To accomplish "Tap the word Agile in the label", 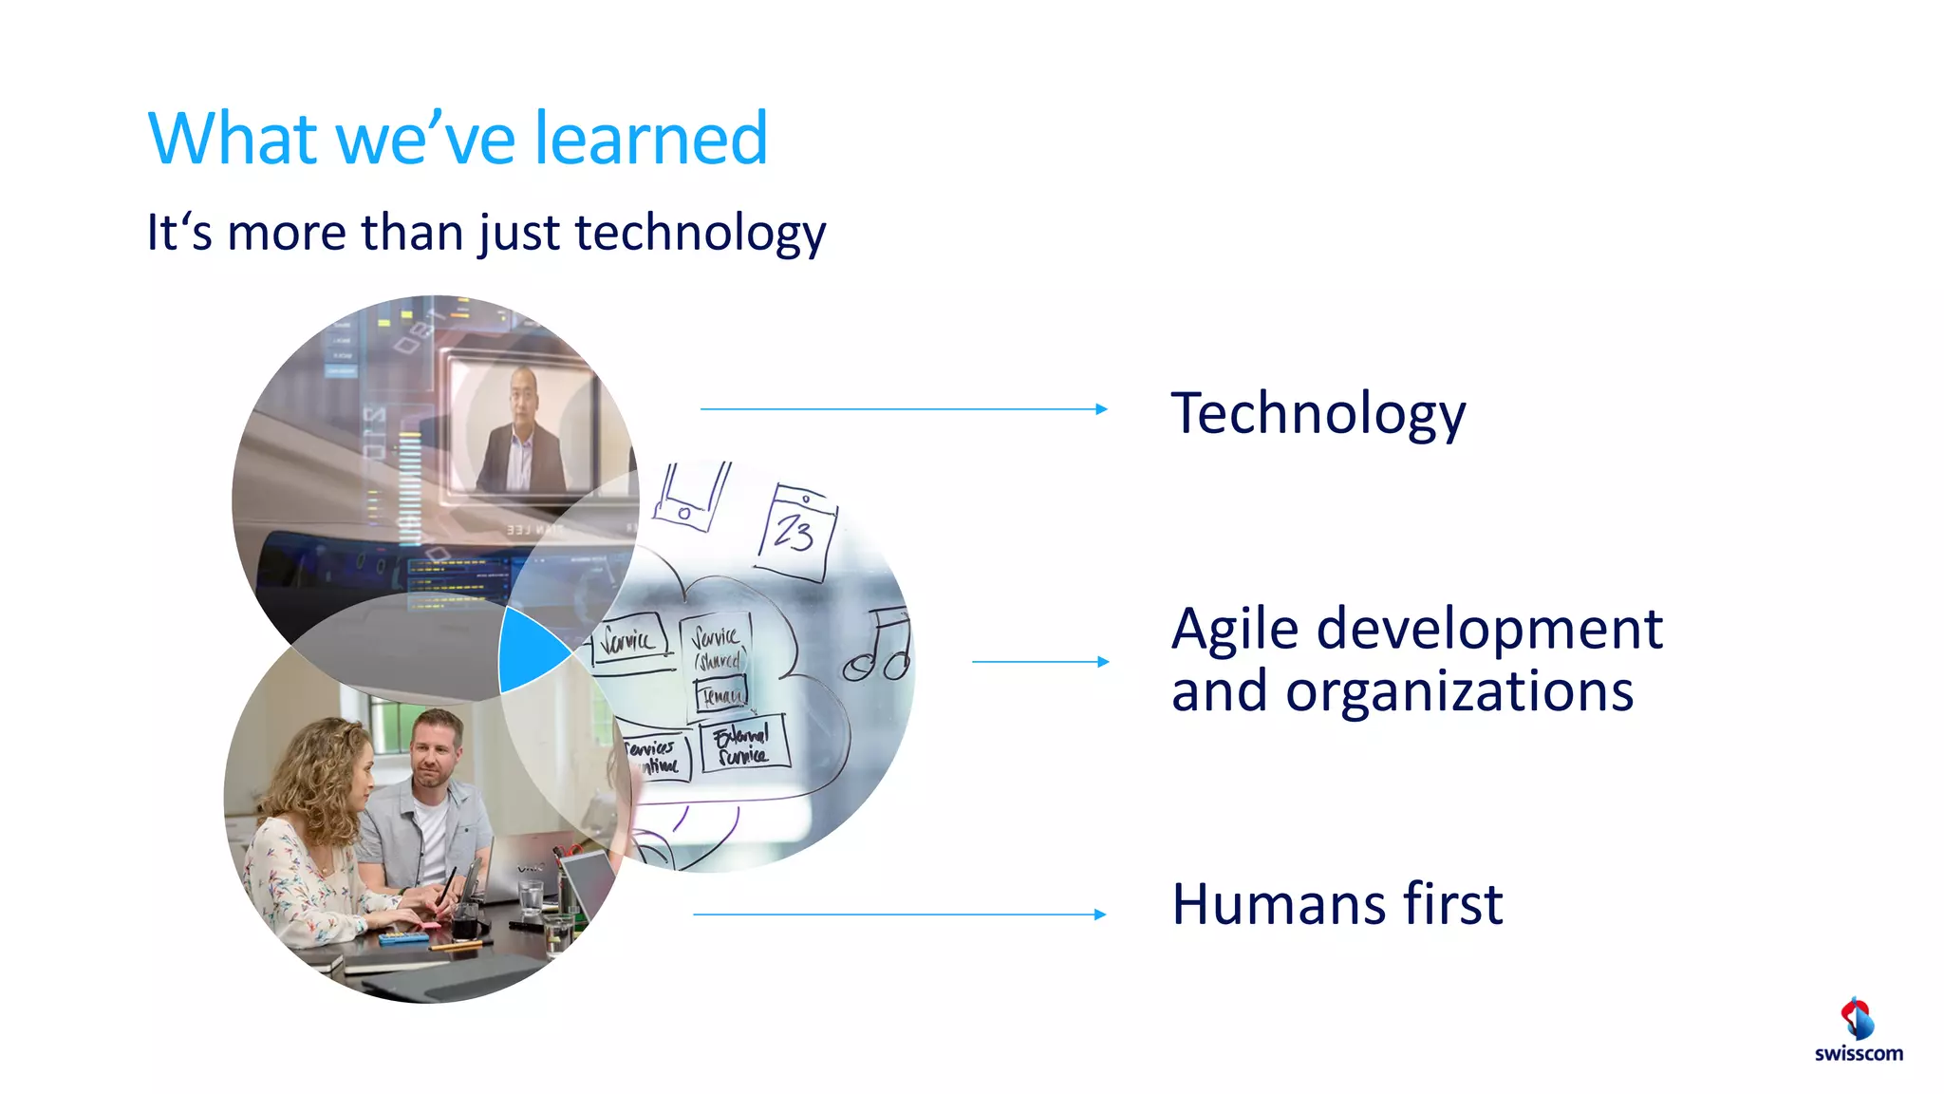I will pos(1234,631).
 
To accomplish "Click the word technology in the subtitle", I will pos(701,233).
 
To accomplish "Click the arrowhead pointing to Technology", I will pos(1101,409).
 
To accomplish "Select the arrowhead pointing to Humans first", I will pos(1100,915).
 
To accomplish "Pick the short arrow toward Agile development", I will pos(1039,662).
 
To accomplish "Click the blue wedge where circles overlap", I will pos(529,651).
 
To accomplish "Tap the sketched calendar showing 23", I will pos(797,533).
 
